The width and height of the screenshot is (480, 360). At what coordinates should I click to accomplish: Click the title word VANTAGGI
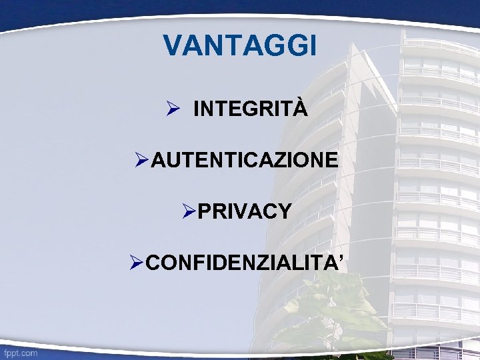(x=239, y=46)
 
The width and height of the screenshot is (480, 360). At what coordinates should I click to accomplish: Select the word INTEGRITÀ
(x=250, y=109)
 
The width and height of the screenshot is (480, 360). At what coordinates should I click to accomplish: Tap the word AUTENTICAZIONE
(x=245, y=160)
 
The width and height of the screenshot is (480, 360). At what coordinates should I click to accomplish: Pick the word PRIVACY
(x=245, y=211)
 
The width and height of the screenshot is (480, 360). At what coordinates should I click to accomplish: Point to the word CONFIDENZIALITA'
(x=244, y=263)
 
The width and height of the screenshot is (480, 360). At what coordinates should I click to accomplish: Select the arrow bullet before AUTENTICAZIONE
(x=141, y=160)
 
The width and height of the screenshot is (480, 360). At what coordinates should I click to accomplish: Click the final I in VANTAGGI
(x=312, y=46)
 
